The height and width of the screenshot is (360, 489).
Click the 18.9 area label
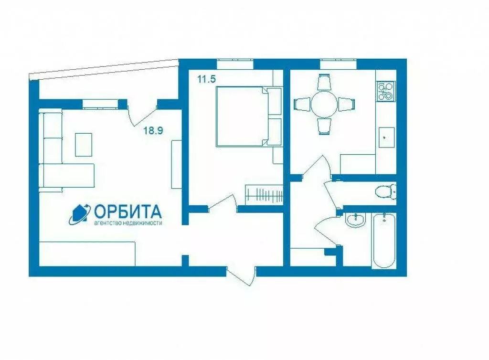pos(154,130)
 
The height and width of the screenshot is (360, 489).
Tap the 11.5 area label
pos(207,79)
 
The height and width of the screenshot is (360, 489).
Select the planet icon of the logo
pos(79,214)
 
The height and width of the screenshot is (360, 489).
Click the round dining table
pos(324,104)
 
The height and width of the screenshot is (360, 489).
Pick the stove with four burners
pos(386,91)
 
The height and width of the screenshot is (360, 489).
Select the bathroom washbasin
pos(355,220)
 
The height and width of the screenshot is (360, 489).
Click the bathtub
pos(384,241)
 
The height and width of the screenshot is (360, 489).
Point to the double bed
pos(241,116)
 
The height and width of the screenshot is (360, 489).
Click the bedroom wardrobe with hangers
pos(264,194)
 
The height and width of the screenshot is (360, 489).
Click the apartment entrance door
pos(241,276)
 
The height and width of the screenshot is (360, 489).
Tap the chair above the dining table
pos(324,82)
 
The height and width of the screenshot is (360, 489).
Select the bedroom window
pos(234,62)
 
